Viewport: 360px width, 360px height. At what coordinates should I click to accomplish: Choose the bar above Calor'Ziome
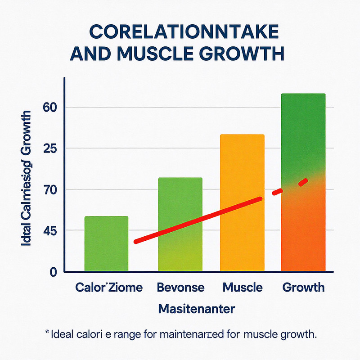tap(106, 244)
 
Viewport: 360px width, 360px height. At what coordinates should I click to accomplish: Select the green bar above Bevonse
tap(180, 225)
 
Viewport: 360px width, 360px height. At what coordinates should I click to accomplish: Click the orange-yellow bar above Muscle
tap(242, 203)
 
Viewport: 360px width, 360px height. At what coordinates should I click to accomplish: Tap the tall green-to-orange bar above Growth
tap(303, 182)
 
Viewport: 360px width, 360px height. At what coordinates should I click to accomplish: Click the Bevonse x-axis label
tap(180, 288)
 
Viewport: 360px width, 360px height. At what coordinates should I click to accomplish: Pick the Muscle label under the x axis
tap(242, 288)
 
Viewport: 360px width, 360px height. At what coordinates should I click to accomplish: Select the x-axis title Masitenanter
tap(196, 310)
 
